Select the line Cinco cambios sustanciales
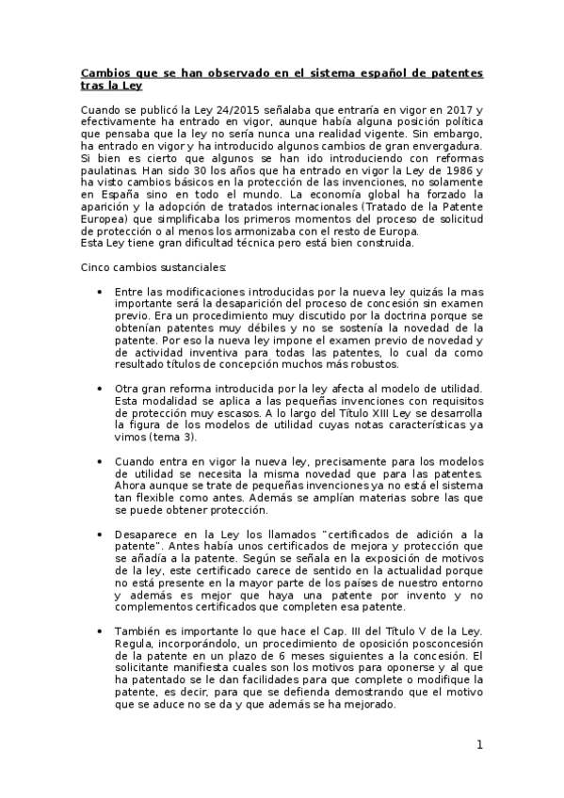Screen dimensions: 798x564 (x=147, y=267)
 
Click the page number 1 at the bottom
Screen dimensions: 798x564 (x=479, y=745)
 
